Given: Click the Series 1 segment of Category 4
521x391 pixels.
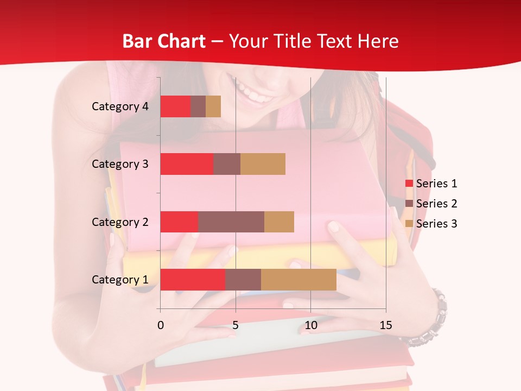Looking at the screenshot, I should coord(175,106).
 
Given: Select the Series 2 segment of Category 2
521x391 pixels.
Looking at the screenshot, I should coord(231,222).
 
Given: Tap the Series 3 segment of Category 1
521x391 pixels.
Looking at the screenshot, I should coord(298,280).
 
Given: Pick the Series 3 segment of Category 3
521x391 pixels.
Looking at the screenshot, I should coord(263,164).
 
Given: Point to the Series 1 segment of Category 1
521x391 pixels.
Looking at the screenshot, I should coord(193,280).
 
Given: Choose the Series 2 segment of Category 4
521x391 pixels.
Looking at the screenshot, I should coord(198,106).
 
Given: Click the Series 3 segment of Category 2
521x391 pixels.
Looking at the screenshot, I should coord(279,222).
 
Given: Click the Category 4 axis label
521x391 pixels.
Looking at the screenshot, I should coord(120,106).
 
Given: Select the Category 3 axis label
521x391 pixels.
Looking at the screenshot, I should coord(120,164).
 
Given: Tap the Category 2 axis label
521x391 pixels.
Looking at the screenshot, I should coord(120,222).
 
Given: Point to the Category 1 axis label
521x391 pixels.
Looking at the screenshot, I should coord(120,280).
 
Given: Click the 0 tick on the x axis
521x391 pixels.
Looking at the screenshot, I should coord(161,326).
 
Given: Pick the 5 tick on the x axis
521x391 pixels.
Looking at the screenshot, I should coord(236,326).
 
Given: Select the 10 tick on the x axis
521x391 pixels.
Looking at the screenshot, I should coord(310,326).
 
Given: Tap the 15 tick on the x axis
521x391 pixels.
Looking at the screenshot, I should coord(386,326).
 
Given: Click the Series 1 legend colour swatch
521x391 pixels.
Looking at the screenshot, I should coord(409,184).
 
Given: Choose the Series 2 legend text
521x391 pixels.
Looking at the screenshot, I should coord(436,204).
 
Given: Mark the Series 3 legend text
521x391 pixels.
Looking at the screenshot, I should coord(436,224).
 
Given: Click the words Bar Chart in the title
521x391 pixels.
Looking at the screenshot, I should coord(164,41).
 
